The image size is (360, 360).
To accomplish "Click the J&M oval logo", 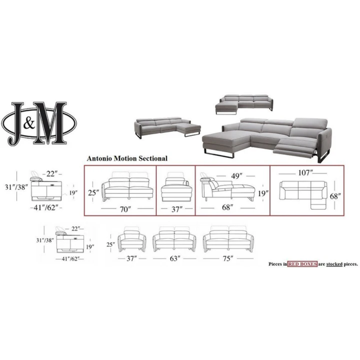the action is [x=39, y=123].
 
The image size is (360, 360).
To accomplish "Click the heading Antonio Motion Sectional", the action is [x=127, y=158].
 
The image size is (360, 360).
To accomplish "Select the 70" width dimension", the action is [x=125, y=209].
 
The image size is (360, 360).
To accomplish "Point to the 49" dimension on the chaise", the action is [x=237, y=176].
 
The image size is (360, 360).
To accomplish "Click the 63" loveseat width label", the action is [x=174, y=259].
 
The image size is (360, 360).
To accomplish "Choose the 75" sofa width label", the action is [x=228, y=259].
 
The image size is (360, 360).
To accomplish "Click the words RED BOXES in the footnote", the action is [x=302, y=264].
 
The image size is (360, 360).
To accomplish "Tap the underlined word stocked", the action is [x=334, y=264].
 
